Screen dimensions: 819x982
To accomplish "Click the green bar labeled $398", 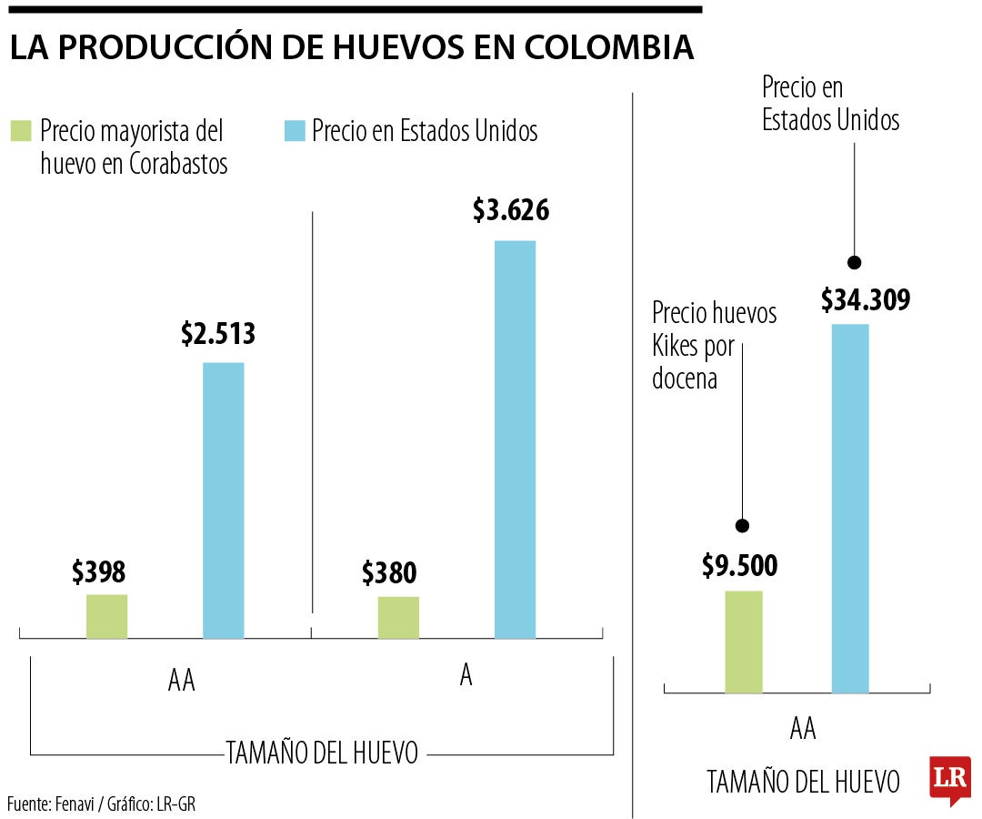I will pyautogui.click(x=106, y=616).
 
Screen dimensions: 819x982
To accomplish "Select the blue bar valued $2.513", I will pyautogui.click(x=223, y=500).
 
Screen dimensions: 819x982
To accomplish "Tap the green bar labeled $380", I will pyautogui.click(x=398, y=617).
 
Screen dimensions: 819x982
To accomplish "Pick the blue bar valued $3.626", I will pyautogui.click(x=515, y=439).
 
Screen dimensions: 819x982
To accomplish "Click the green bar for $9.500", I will pyautogui.click(x=743, y=642).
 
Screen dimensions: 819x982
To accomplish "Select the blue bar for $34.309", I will pyautogui.click(x=850, y=508).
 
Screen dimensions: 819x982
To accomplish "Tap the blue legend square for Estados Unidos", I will pyautogui.click(x=294, y=130).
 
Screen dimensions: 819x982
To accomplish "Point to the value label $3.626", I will pyautogui.click(x=511, y=210).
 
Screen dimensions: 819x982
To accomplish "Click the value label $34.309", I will pyautogui.click(x=865, y=299).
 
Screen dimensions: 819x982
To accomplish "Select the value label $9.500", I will pyautogui.click(x=739, y=566).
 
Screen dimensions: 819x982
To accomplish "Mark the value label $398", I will pyautogui.click(x=98, y=571).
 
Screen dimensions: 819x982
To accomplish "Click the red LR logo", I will pyautogui.click(x=949, y=779).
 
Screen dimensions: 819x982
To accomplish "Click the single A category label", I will pyautogui.click(x=466, y=678).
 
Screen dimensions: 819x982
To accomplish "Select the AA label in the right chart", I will pyautogui.click(x=803, y=729).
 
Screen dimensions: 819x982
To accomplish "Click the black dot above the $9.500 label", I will pyautogui.click(x=742, y=526).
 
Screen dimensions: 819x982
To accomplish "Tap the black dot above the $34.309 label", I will pyautogui.click(x=853, y=262).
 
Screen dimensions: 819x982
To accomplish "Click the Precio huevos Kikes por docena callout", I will pyautogui.click(x=714, y=346).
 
